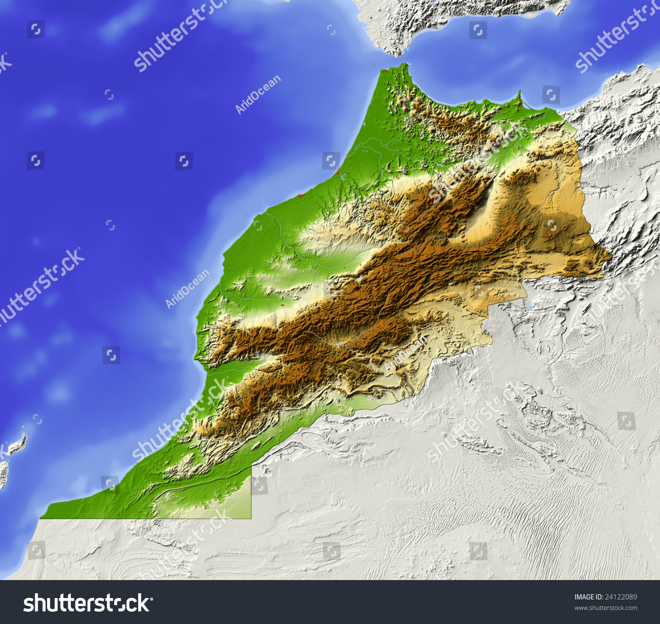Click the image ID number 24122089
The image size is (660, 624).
[x=621, y=597]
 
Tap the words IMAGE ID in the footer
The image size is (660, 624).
[x=589, y=597]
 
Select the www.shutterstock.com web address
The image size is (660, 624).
[x=605, y=608]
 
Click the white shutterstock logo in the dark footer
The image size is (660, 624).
[x=87, y=603]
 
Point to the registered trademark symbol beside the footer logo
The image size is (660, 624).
[x=152, y=599]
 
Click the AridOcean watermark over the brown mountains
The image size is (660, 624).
[x=405, y=352]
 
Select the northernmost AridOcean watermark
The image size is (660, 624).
[x=258, y=94]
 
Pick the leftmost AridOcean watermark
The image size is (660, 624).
[x=187, y=289]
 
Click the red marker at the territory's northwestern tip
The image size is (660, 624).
[x=385, y=70]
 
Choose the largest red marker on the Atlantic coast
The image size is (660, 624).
[x=301, y=195]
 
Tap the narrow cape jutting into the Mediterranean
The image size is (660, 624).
[x=519, y=96]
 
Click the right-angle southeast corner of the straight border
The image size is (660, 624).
[x=251, y=519]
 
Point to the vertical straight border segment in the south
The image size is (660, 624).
[x=251, y=492]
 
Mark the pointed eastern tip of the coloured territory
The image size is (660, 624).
[x=611, y=257]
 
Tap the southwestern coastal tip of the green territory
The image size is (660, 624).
[x=41, y=518]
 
